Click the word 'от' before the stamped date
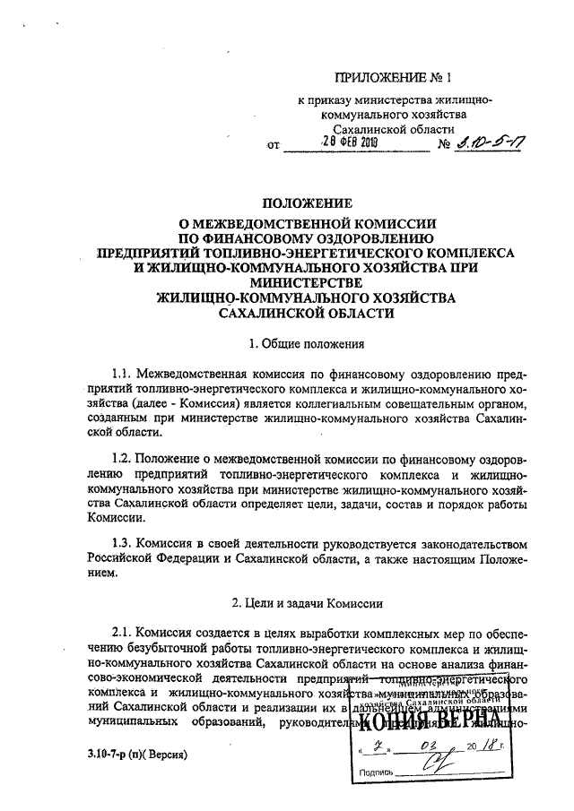[x=274, y=144]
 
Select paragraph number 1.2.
[x=125, y=460]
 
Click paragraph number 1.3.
[x=125, y=544]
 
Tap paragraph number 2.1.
[x=125, y=632]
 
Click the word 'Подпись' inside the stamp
[x=376, y=772]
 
